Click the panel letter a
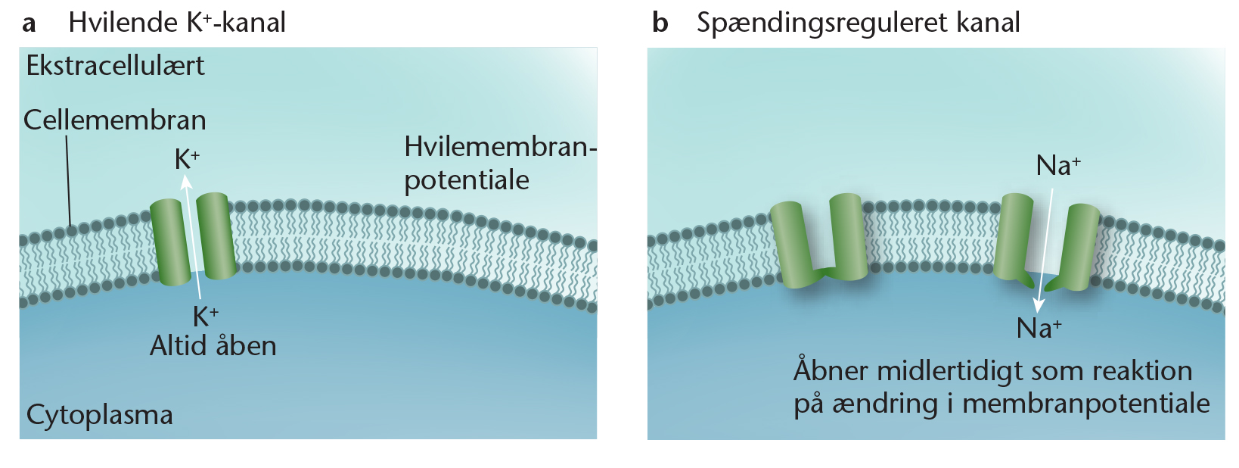point(29,23)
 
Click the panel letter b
point(660,23)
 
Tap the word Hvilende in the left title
point(123,23)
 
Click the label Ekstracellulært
point(115,66)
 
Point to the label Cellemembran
point(114,120)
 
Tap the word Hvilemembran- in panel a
point(501,147)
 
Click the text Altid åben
point(213,346)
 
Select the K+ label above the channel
point(187,159)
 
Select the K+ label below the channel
point(205,317)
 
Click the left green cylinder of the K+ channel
point(170,242)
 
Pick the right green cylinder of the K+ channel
point(216,236)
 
